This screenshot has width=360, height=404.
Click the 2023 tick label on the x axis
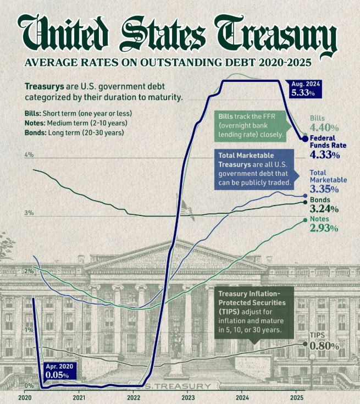click(x=188, y=397)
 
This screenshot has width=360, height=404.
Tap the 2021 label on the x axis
click(x=79, y=397)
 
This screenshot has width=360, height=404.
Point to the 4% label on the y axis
click(x=29, y=156)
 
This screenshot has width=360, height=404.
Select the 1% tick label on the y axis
click(x=29, y=329)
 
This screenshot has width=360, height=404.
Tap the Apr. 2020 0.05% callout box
click(x=58, y=371)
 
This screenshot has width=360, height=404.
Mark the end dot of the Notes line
click(x=305, y=220)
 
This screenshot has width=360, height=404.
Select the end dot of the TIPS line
click(x=306, y=343)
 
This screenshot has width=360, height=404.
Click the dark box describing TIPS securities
click(x=255, y=312)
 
